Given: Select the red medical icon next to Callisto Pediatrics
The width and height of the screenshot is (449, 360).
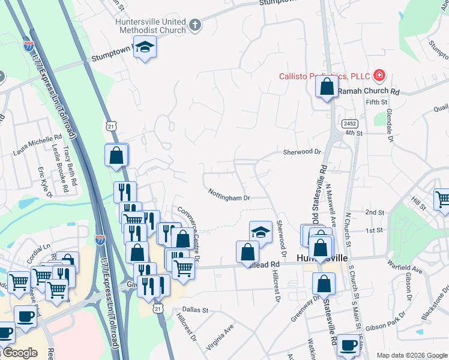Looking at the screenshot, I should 379,76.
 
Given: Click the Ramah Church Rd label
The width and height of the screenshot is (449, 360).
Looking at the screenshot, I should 368,92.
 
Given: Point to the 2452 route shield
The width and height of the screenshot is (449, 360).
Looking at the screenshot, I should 351,124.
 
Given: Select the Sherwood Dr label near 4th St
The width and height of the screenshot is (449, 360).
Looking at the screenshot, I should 303,152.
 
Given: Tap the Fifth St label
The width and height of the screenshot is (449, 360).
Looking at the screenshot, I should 377,103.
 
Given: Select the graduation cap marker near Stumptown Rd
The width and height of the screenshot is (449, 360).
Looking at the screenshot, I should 144,47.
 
